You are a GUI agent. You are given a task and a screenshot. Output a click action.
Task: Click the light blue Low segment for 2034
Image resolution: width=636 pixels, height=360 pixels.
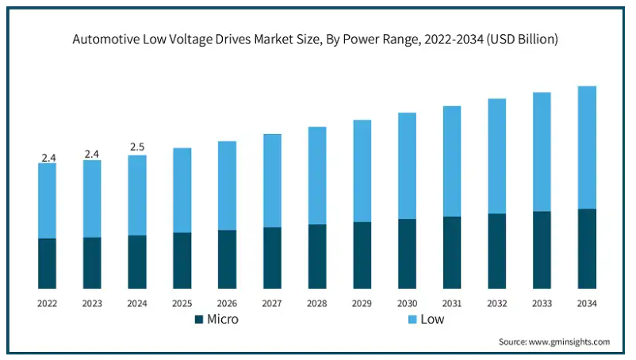point(587,147)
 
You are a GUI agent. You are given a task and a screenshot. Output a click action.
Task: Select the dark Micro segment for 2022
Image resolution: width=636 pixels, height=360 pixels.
point(47,263)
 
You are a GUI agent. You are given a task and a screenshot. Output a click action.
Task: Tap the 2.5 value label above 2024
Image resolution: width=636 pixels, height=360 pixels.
point(137,147)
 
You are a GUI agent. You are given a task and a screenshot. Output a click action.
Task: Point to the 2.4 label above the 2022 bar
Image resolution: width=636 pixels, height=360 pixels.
point(48,158)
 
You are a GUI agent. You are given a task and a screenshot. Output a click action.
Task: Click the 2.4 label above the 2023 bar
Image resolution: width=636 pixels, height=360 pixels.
point(92,154)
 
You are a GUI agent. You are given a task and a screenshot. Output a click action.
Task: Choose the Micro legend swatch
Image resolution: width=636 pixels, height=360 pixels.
point(199,320)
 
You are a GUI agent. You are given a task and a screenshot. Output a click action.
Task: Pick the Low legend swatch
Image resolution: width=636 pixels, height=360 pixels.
point(412,320)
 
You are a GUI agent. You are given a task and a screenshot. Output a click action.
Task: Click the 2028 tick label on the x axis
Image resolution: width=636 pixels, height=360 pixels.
point(317,304)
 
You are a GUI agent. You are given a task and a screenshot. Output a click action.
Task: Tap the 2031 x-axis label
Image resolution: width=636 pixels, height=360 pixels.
point(452,304)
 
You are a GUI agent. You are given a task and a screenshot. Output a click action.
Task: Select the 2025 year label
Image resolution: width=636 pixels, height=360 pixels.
point(182,304)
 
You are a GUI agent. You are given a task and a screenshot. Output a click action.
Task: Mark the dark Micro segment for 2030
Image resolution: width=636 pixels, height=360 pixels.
point(407,254)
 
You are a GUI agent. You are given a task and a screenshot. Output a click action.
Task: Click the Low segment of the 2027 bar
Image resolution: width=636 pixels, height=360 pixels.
point(272,181)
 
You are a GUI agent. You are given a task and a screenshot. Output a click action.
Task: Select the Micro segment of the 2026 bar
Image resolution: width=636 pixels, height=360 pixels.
point(227,259)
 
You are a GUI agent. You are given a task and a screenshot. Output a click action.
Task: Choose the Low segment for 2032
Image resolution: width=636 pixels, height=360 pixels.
point(497,156)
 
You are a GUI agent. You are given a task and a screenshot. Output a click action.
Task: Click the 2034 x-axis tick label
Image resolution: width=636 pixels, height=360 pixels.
point(587,304)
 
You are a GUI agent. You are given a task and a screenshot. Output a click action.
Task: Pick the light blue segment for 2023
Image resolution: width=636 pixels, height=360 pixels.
point(92,199)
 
